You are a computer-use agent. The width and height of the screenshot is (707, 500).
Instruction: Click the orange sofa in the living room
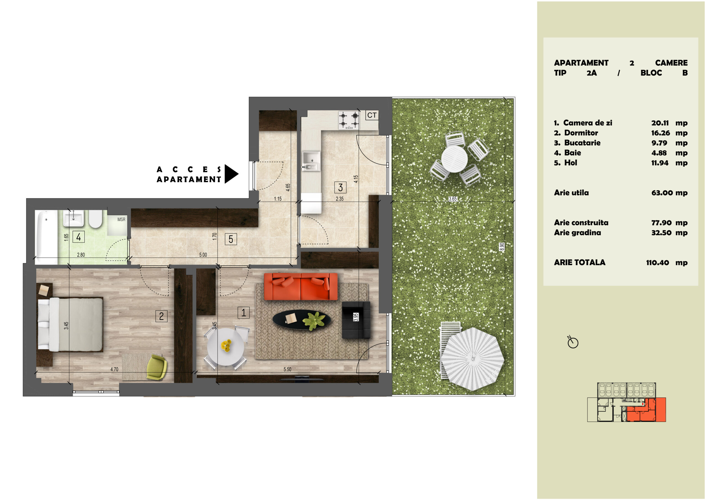tap(300, 286)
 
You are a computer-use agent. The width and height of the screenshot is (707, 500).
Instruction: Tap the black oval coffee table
tap(302, 319)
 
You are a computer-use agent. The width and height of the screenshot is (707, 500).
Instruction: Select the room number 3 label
tap(340, 187)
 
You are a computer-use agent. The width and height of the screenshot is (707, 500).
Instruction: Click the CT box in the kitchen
tap(372, 115)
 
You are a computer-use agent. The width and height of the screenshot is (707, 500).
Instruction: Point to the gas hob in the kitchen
tap(349, 120)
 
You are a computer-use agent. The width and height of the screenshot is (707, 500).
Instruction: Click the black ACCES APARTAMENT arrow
tap(231, 174)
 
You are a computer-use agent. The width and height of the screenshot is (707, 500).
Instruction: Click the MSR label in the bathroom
tap(121, 219)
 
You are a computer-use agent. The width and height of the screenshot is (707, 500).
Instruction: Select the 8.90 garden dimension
tap(502, 247)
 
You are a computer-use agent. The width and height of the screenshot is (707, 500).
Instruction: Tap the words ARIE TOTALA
tap(579, 262)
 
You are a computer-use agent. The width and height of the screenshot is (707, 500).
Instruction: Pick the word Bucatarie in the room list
tap(582, 143)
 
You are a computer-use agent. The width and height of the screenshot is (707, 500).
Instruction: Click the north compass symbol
tap(573, 342)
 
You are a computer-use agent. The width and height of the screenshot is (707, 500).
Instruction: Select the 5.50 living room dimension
tap(287, 369)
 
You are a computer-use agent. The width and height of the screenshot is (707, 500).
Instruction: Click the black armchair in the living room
tap(356, 320)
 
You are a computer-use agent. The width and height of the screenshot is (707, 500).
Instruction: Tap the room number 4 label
tap(78, 237)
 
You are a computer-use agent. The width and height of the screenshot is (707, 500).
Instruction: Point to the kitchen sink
tap(311, 160)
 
